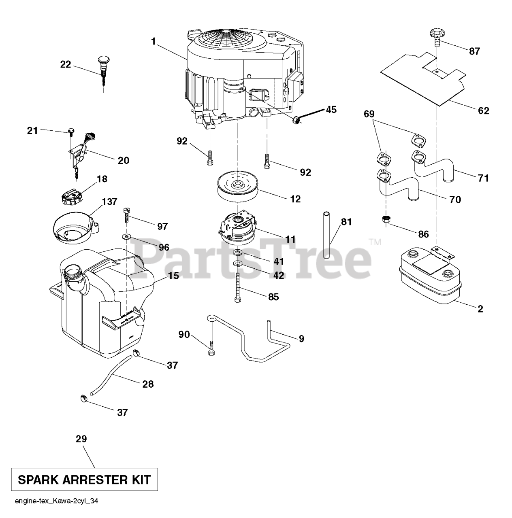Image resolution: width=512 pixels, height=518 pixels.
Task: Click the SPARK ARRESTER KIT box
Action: pos(84,480)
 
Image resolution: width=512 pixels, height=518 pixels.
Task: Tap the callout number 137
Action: pos(109,202)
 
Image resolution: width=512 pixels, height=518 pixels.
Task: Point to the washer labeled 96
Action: pos(127,236)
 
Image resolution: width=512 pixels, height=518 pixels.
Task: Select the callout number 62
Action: pos(483,110)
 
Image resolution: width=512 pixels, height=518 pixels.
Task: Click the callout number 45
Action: pos(331,110)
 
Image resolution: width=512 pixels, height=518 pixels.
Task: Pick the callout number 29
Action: pos(81,439)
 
